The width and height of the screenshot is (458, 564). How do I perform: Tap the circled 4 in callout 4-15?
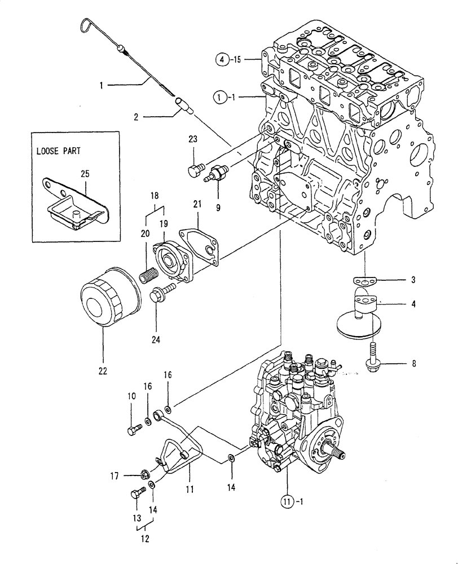point(223,59)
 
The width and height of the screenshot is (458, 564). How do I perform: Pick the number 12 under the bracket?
point(144,539)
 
